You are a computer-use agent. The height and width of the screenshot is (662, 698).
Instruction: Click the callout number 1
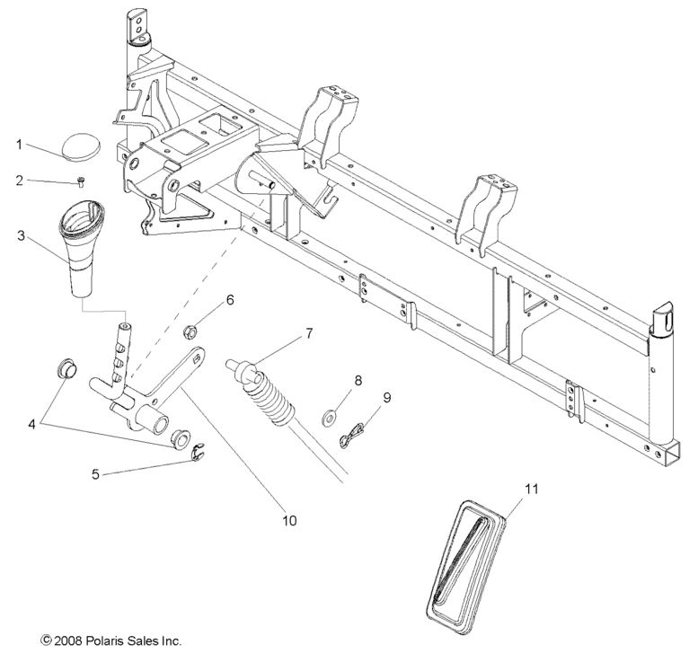(20, 143)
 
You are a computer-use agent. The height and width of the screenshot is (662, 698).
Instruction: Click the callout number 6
(230, 300)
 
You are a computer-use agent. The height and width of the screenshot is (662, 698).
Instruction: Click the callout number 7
(309, 333)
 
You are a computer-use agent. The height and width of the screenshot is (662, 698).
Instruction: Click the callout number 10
(288, 520)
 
